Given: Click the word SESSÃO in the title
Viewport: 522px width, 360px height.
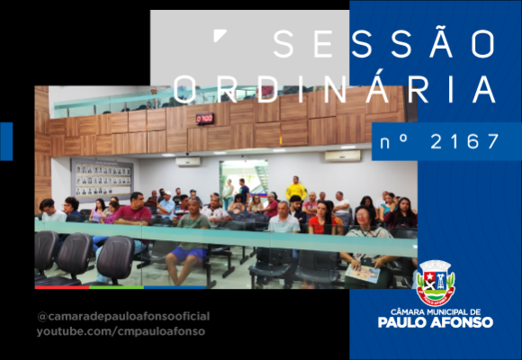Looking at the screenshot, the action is [x=383, y=43].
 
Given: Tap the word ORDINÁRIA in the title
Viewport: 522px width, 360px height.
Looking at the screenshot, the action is [x=334, y=89].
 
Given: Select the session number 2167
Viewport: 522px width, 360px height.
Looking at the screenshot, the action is [x=464, y=141].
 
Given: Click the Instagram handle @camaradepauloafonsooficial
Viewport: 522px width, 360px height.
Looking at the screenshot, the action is [x=123, y=317].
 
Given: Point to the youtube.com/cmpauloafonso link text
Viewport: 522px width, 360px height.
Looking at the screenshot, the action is [x=121, y=332].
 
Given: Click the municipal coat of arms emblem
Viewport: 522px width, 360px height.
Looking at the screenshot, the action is [x=436, y=283].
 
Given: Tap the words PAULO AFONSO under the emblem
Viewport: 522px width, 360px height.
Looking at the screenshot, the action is [x=436, y=322].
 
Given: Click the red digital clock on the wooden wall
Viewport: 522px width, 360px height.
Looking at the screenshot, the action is [x=204, y=119].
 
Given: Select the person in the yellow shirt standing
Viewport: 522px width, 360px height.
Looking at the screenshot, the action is [x=296, y=188].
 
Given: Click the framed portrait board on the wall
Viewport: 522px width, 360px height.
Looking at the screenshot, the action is [x=103, y=180].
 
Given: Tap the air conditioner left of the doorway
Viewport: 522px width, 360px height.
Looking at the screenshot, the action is [x=188, y=162].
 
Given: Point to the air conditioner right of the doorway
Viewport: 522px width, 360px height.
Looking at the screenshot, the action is [x=343, y=156].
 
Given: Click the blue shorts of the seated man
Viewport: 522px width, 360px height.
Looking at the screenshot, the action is [x=189, y=254].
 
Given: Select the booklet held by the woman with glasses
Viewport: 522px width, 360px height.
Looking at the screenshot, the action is [x=363, y=274].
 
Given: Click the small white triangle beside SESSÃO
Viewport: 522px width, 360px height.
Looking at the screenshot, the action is [x=220, y=35].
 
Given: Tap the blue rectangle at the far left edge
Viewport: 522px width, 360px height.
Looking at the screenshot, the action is [x=6, y=141].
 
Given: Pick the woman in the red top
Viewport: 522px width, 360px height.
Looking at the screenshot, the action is [x=321, y=218].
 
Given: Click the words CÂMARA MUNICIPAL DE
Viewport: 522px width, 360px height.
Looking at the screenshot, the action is [x=436, y=312].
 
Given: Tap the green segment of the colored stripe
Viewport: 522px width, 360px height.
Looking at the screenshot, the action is [x=116, y=287].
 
